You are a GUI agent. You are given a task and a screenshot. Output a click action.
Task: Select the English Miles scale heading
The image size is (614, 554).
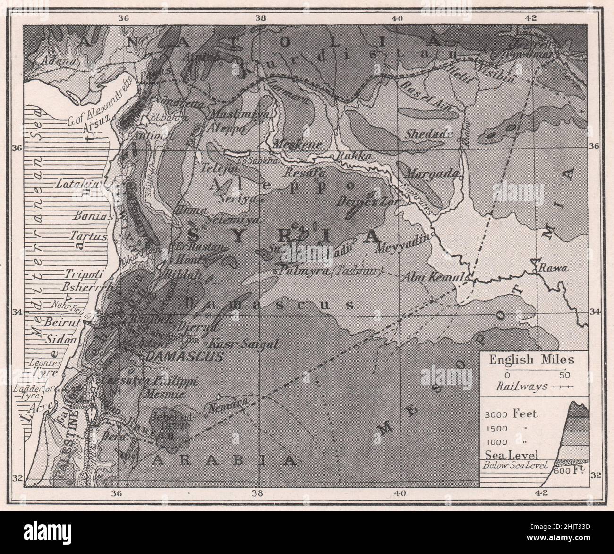click(x=531, y=360)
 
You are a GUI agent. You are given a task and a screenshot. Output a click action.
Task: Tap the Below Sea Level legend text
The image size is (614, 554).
click(x=513, y=465)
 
